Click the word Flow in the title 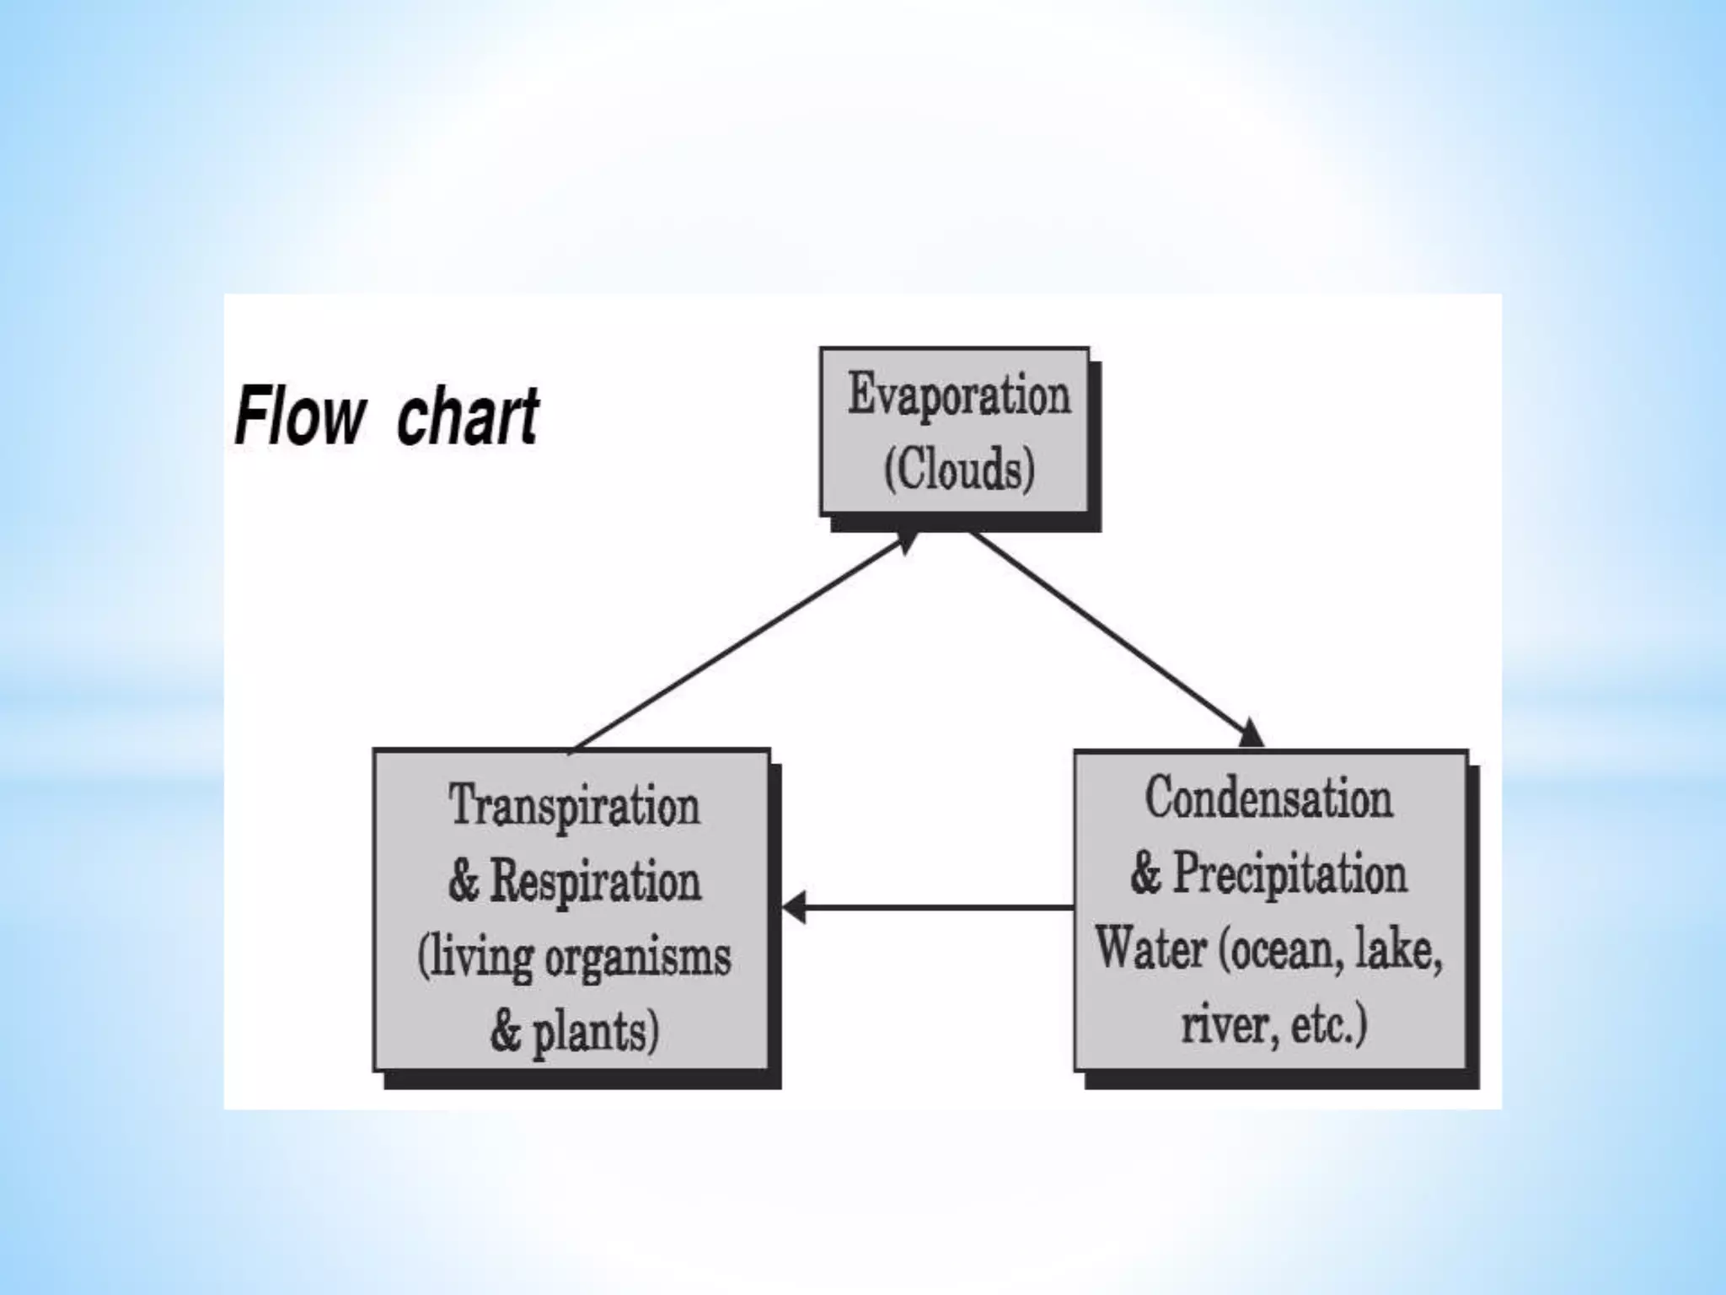point(300,416)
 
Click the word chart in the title point(467,416)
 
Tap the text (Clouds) point(959,469)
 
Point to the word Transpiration point(574,806)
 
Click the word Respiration point(595,882)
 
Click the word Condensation point(1268,798)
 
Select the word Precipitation point(1290,873)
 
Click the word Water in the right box point(1151,949)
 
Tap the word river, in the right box point(1219,1024)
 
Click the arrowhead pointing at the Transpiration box point(794,907)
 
